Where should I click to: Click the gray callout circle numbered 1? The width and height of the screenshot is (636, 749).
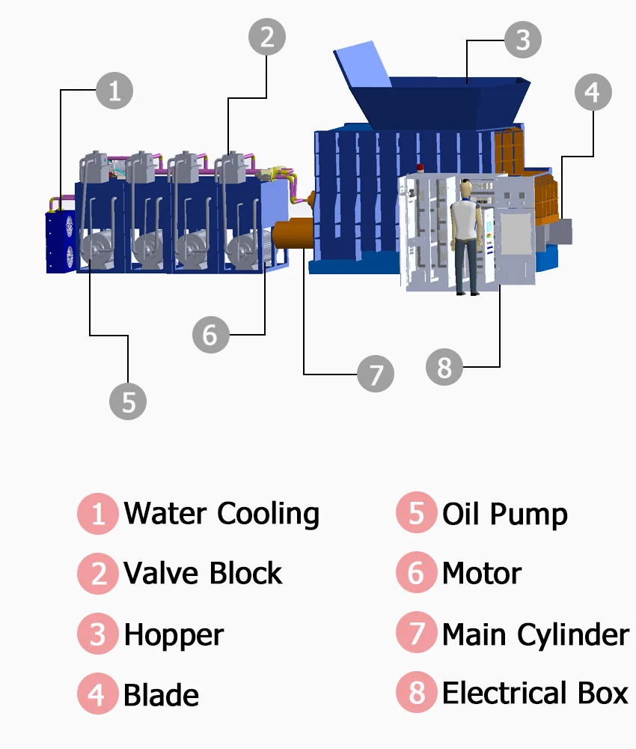(x=114, y=91)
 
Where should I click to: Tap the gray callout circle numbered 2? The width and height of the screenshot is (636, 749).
(x=267, y=36)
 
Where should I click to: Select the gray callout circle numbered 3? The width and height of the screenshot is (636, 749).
(x=523, y=40)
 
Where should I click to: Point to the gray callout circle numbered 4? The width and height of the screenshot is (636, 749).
(x=593, y=93)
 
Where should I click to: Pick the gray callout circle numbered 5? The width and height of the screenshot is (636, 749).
(x=128, y=401)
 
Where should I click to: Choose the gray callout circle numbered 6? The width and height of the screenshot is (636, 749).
(x=210, y=334)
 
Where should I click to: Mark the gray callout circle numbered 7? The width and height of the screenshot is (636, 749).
(x=376, y=372)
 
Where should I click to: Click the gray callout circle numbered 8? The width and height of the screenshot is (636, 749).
(x=444, y=367)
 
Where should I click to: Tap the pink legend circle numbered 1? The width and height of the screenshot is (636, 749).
(x=98, y=515)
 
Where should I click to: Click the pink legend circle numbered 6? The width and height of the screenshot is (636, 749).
(x=417, y=574)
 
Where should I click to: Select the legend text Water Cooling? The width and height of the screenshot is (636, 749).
(x=221, y=514)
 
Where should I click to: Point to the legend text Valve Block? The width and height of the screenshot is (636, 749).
(x=203, y=574)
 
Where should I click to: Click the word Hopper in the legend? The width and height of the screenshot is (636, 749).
(x=174, y=635)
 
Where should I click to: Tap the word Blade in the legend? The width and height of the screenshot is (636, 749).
(x=161, y=695)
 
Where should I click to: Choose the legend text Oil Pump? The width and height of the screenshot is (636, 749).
(x=504, y=515)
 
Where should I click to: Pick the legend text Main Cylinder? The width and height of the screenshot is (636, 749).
(x=535, y=635)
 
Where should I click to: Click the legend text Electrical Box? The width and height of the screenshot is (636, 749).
(x=535, y=694)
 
